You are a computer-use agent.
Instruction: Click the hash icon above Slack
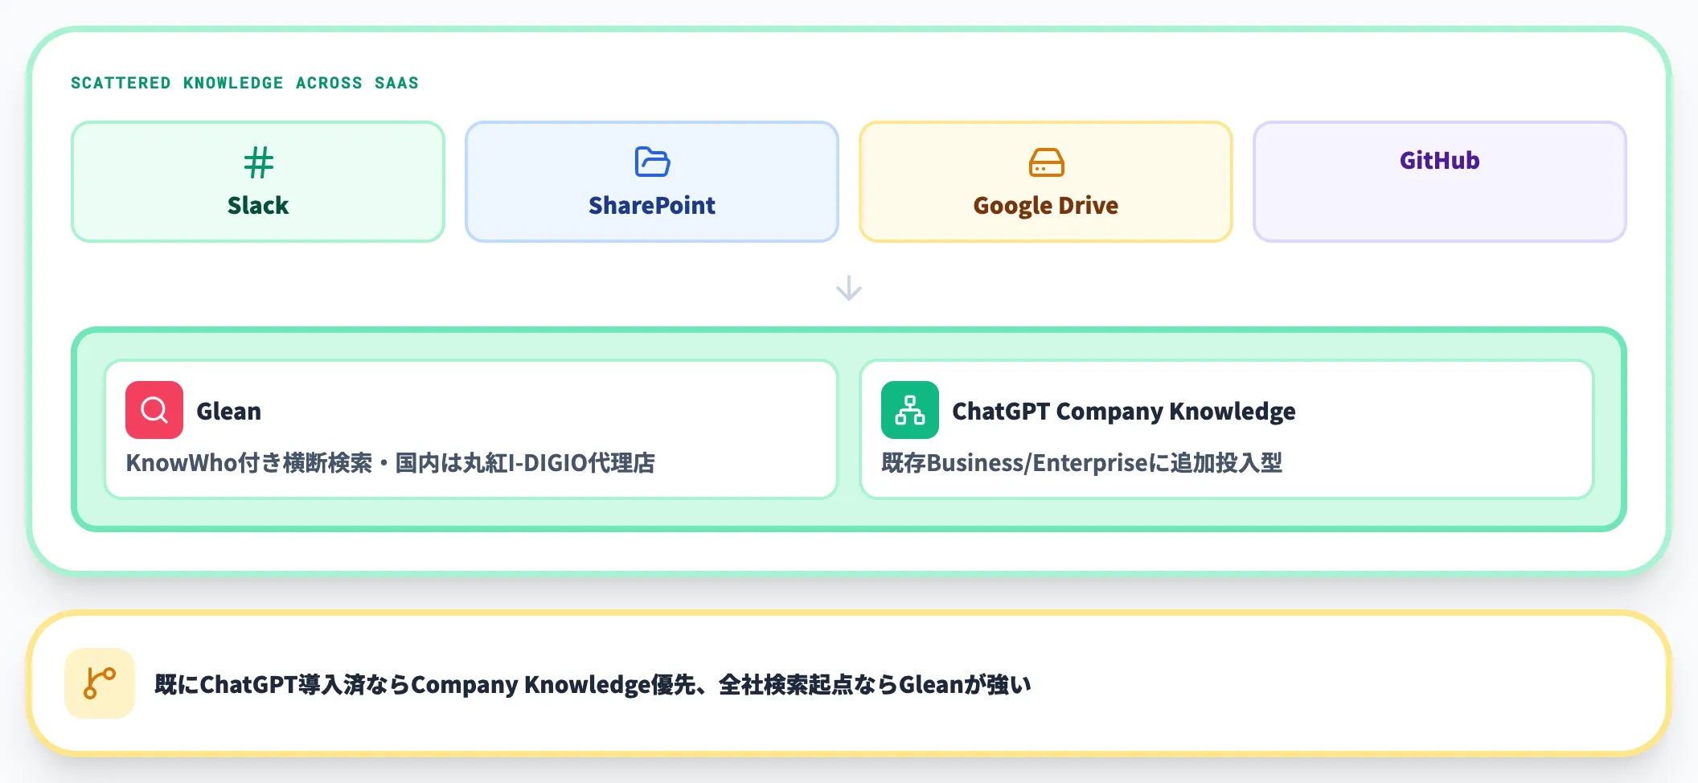pos(258,162)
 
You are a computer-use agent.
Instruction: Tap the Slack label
pos(258,206)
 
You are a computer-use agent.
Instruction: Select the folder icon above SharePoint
pos(652,162)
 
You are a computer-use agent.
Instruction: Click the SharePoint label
pos(652,206)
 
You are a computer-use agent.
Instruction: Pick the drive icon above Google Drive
pos(1046,162)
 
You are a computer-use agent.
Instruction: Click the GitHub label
pos(1440,161)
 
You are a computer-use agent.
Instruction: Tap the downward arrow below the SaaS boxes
pos(849,288)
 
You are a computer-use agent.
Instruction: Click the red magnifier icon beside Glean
pos(154,410)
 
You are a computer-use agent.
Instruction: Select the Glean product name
pos(229,411)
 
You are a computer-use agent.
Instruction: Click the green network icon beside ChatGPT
pos(910,410)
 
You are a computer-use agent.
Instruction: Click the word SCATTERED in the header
pos(121,83)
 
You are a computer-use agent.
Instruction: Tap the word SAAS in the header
pos(396,83)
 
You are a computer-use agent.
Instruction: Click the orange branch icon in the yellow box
pos(100,683)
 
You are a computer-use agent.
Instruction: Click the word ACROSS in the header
pos(329,83)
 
